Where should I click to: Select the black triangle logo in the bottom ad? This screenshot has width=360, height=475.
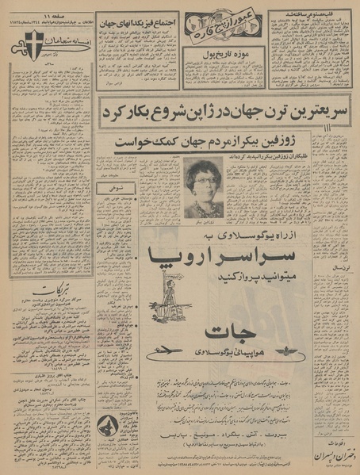coord(110,427)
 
